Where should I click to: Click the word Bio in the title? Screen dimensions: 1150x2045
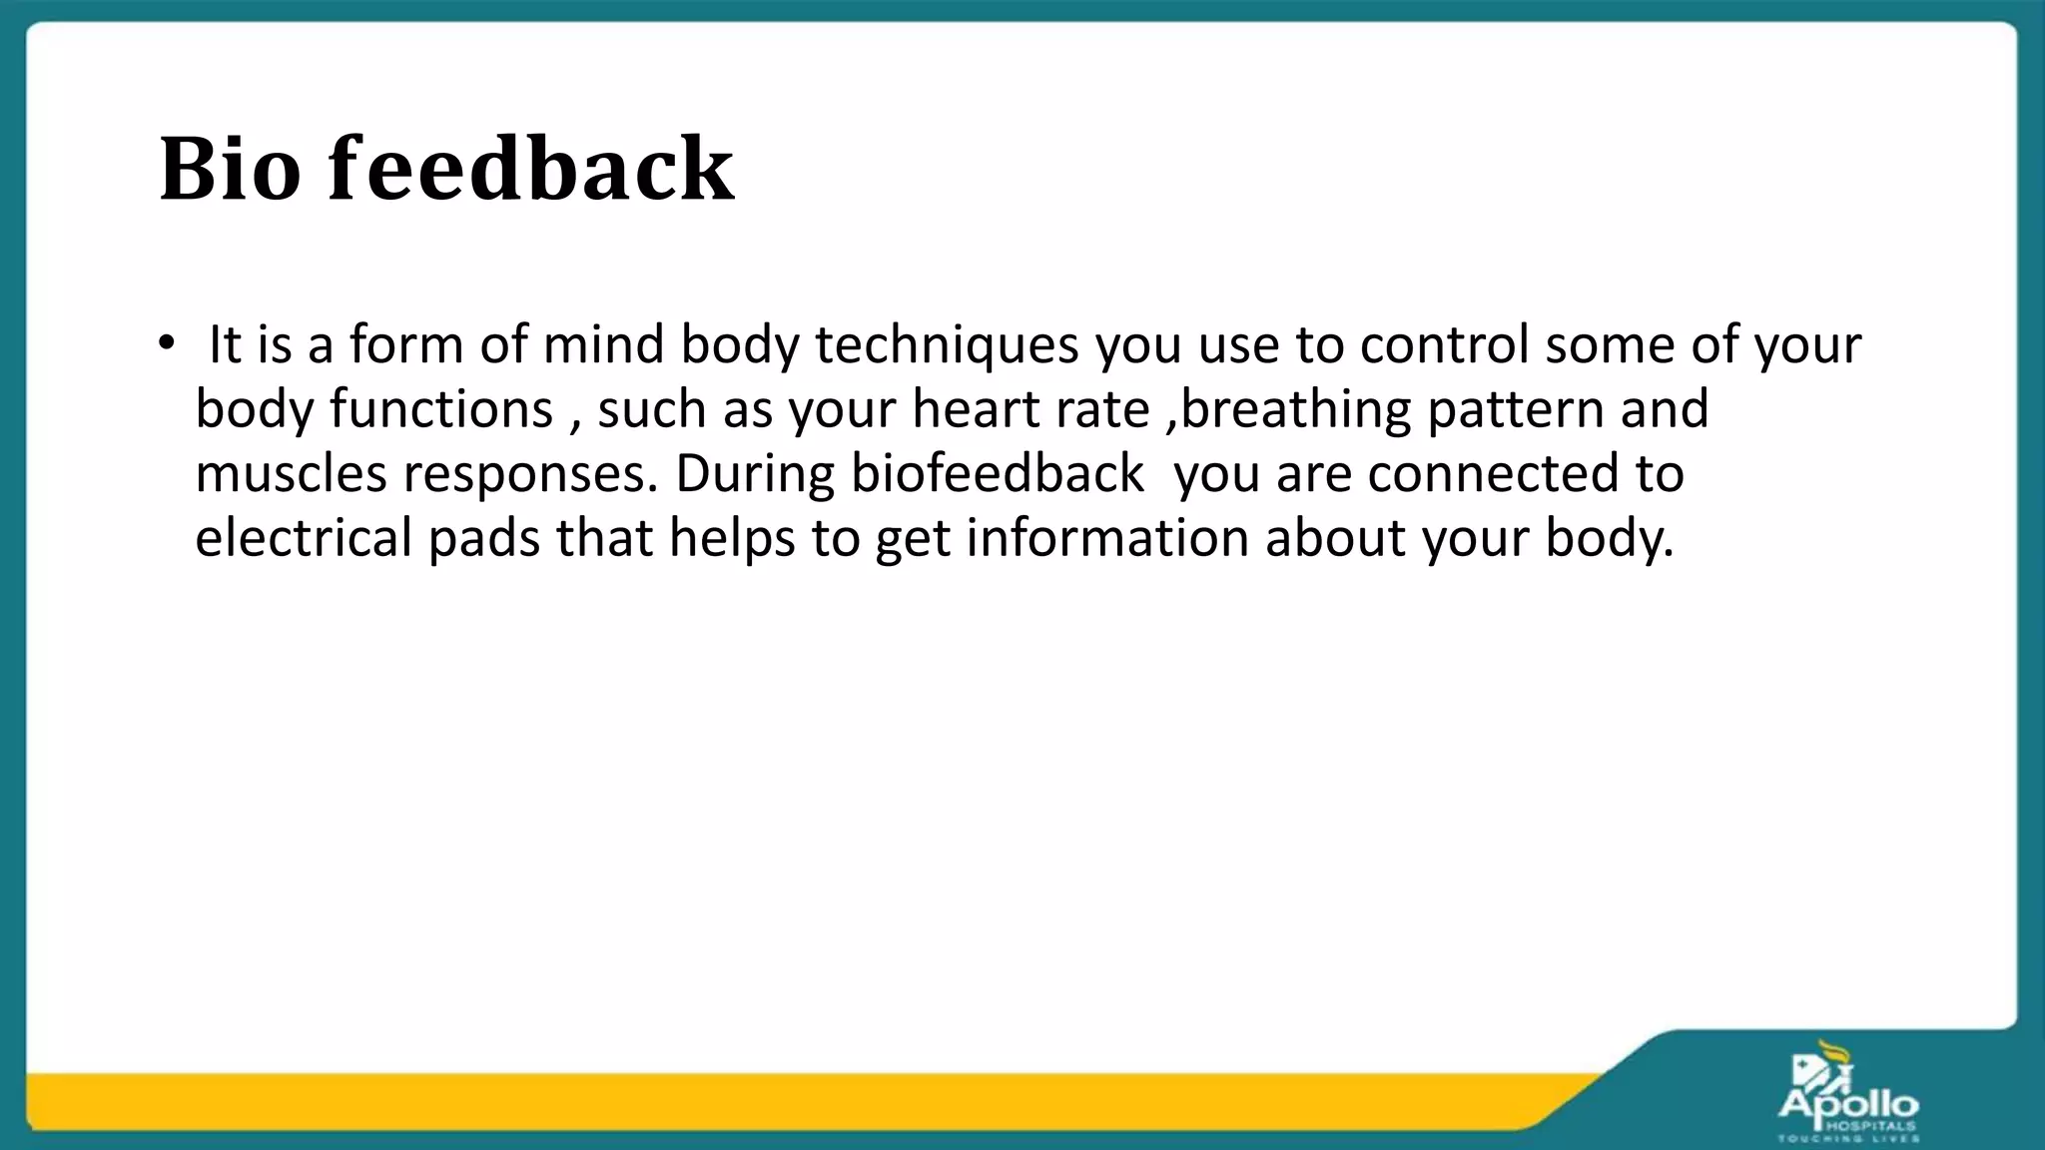[x=230, y=169]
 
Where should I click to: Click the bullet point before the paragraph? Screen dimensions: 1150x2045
[x=166, y=343]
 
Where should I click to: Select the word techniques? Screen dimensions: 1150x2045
[x=947, y=345]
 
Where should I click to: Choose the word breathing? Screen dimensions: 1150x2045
[x=1295, y=409]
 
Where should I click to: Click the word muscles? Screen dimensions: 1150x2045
[x=291, y=473]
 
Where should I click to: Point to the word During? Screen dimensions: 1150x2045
[x=754, y=473]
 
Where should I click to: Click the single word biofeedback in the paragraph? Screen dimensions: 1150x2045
[x=997, y=473]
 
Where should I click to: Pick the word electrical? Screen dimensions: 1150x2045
[x=303, y=537]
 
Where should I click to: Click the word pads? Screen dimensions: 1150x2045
[x=484, y=538]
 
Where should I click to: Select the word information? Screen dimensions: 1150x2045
[x=1106, y=537]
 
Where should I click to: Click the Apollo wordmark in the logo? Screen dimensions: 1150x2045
[x=1848, y=1104]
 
